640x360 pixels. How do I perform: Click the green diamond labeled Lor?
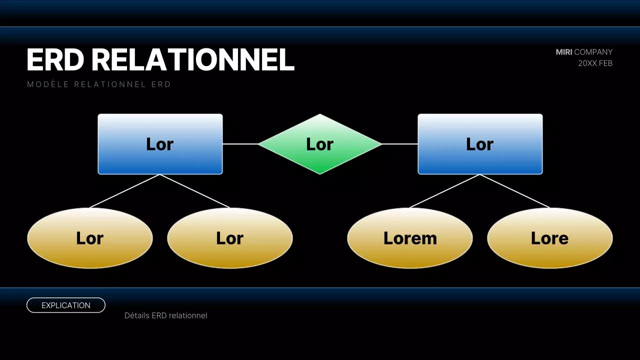pos(320,144)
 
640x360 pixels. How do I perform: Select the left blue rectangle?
pos(160,144)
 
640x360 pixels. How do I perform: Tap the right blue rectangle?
pos(480,144)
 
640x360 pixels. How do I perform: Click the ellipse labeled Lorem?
pos(410,238)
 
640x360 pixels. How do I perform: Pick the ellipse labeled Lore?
pos(550,238)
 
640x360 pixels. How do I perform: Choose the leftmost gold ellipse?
pos(90,238)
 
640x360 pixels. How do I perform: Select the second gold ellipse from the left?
pos(230,238)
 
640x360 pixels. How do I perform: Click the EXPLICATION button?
pos(66,305)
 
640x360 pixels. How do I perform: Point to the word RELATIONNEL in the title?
pos(193,60)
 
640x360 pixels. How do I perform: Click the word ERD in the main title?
pos(55,60)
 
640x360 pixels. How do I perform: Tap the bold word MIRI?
pos(563,52)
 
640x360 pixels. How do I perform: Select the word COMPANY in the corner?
pos(593,52)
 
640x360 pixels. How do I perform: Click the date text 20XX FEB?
pos(595,63)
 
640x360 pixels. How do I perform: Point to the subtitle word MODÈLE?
pos(47,84)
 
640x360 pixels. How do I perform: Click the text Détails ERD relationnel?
pos(165,315)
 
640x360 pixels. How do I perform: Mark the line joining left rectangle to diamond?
pos(240,144)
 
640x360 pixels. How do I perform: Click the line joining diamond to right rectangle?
pos(400,144)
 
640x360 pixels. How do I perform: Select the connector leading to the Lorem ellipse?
pos(445,191)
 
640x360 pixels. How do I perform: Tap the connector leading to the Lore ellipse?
pos(515,191)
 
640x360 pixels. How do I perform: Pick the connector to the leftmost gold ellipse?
pos(125,191)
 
